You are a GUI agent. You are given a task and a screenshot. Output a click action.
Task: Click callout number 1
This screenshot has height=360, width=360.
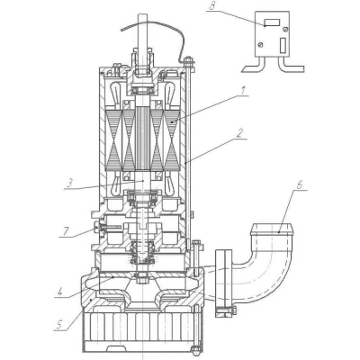point(244,90)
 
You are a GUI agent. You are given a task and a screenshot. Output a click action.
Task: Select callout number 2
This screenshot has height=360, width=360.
point(239,133)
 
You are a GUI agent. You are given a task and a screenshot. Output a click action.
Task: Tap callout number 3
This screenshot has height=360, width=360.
point(69,184)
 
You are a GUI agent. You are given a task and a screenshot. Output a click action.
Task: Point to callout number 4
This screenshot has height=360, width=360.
point(60,292)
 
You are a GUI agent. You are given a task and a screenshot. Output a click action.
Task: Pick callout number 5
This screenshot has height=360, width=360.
point(59,324)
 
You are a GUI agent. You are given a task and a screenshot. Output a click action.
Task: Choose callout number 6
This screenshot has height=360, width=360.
point(300,185)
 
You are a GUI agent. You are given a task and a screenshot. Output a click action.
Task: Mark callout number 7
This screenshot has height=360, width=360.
point(65,231)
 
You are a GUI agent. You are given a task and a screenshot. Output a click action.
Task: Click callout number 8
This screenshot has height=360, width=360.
point(212,6)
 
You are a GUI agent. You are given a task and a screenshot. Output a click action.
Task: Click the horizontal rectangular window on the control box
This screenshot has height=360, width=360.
point(272,22)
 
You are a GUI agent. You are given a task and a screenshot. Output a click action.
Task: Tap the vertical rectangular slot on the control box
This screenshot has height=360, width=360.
point(283,46)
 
